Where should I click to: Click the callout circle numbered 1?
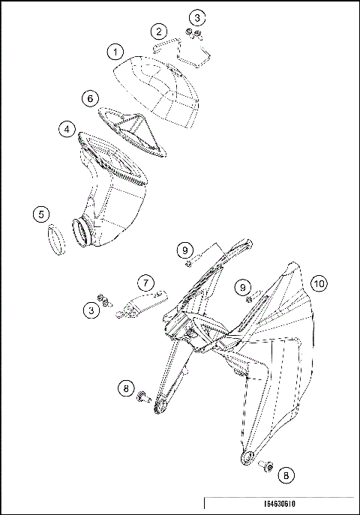pos(115,52)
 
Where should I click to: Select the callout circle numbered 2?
pos(158,31)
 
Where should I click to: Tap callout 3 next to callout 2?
pos(196,16)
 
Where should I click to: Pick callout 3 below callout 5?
pos(91,309)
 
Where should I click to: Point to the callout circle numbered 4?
pos(67,130)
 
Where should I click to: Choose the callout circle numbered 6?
pos(89,98)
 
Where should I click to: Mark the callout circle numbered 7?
pos(146,283)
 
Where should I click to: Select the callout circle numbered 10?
pos(319,283)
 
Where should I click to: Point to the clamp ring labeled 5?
pos(55,241)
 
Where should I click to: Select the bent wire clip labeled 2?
pos(184,49)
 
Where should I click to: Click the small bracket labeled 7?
pos(135,307)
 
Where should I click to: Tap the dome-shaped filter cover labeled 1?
pos(161,86)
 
